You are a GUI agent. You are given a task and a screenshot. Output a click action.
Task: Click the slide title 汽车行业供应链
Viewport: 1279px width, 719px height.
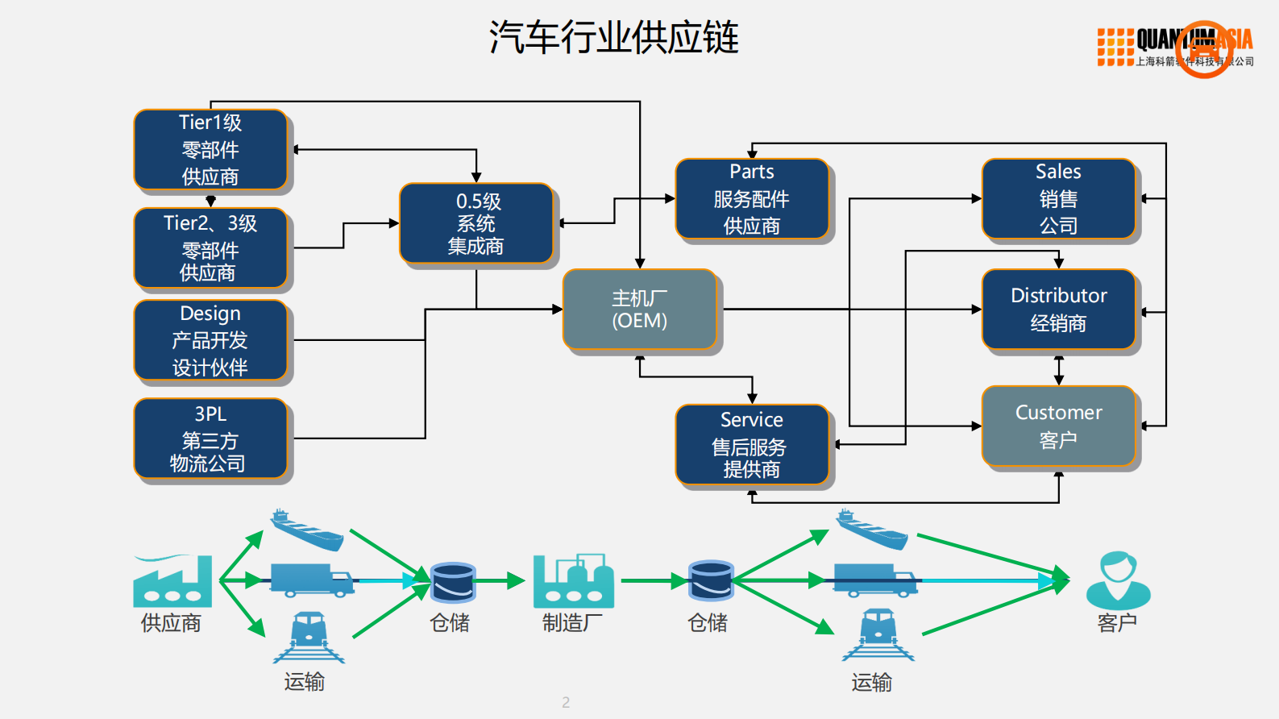point(613,38)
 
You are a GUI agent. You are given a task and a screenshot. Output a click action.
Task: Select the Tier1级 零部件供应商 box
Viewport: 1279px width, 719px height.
point(210,150)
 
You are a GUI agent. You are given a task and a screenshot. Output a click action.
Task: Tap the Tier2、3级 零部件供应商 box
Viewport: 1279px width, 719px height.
point(210,248)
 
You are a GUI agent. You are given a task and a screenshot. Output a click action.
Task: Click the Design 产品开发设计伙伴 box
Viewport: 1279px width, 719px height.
point(210,340)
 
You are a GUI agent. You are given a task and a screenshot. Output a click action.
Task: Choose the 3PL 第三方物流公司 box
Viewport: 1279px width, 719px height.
point(210,438)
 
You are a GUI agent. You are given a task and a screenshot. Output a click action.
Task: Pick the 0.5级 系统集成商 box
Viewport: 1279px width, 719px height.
point(476,223)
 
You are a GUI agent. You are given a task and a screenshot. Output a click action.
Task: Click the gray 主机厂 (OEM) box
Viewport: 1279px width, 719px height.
point(640,310)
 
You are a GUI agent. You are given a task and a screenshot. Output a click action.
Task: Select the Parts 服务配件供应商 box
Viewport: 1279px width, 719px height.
point(752,199)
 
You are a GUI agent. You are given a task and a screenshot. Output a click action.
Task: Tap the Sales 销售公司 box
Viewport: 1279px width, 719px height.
point(1058,199)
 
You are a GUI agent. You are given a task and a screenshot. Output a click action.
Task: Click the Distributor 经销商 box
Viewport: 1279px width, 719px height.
point(1058,310)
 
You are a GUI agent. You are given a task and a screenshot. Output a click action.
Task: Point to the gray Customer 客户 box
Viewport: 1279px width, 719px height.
point(1058,426)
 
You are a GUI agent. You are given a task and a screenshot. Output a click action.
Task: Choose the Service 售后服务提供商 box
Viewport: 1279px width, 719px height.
point(752,444)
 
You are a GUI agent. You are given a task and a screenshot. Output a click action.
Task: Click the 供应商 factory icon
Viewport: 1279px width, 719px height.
point(172,581)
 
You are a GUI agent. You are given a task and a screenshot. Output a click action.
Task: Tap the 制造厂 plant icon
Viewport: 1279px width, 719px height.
point(573,581)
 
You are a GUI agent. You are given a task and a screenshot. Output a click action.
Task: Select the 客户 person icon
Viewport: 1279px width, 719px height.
point(1118,580)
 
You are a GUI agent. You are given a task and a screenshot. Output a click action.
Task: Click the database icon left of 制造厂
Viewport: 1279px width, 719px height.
point(453,583)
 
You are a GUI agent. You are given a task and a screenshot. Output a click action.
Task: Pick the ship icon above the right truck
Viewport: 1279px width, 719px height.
point(871,530)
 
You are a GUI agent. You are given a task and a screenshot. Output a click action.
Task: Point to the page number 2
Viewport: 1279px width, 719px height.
point(566,702)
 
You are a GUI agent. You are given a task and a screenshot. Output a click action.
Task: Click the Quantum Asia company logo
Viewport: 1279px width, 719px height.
point(1175,48)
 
